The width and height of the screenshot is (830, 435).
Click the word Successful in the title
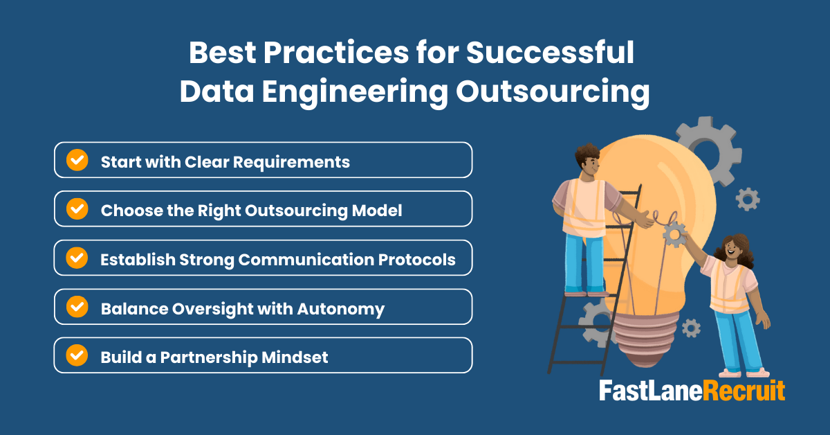click(x=550, y=53)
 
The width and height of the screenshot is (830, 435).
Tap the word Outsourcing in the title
click(x=553, y=92)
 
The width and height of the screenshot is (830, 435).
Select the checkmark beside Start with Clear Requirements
click(x=77, y=160)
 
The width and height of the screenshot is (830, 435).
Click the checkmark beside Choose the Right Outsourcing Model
click(x=77, y=208)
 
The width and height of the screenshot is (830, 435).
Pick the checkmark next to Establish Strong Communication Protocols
click(x=77, y=258)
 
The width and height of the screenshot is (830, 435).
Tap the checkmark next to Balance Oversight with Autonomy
click(x=77, y=307)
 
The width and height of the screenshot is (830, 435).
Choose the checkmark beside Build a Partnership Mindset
click(x=77, y=355)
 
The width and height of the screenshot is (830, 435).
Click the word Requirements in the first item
click(x=291, y=162)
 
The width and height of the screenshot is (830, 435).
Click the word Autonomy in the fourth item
click(x=341, y=309)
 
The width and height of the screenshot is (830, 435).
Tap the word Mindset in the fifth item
click(x=295, y=357)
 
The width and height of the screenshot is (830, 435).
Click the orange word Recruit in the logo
click(x=744, y=391)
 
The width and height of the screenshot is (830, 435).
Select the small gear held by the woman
click(x=675, y=234)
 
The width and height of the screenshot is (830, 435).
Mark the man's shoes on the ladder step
click(x=587, y=294)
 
